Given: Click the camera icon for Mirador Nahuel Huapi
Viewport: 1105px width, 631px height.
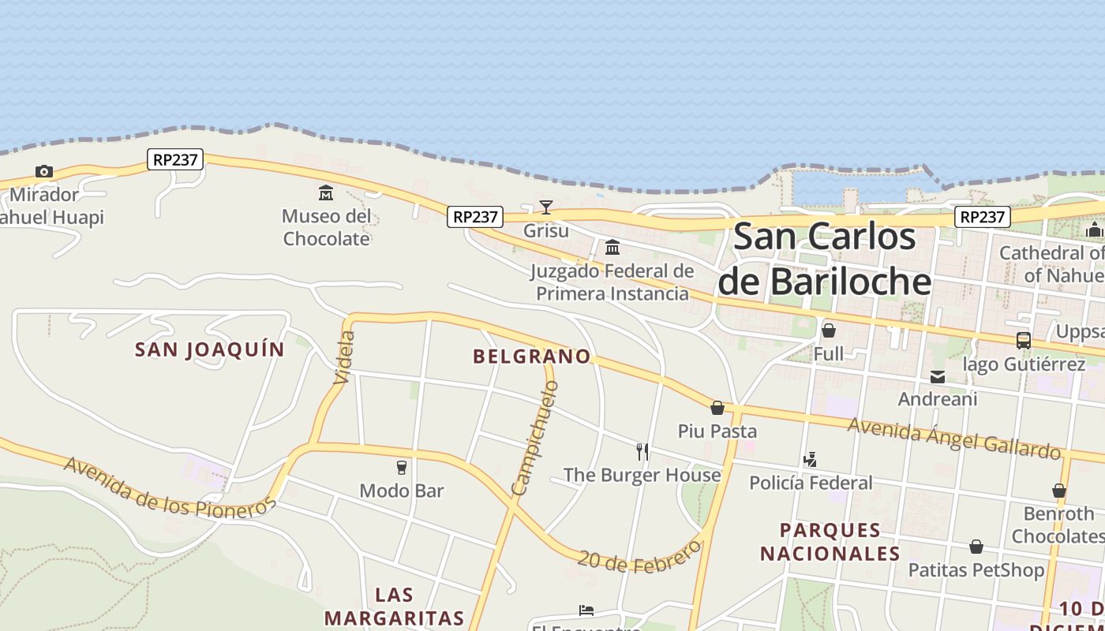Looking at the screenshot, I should click(x=44, y=172).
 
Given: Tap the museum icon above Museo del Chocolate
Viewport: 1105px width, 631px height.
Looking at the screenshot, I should click(x=326, y=192).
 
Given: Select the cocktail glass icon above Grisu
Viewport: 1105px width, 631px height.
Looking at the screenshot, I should click(x=545, y=207).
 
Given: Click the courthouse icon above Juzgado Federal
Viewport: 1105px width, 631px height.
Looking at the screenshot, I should click(x=612, y=248).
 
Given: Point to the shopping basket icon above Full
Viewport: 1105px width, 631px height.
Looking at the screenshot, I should click(x=829, y=330).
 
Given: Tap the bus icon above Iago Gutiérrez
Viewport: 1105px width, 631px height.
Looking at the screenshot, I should click(x=1024, y=341).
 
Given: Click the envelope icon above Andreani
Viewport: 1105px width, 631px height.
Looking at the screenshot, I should click(x=938, y=377).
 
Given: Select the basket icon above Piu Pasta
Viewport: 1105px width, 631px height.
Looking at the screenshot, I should click(x=717, y=408).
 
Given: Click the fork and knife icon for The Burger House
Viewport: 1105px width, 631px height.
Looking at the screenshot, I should click(x=642, y=452).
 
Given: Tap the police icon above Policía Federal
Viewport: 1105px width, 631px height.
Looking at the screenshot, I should click(x=810, y=459).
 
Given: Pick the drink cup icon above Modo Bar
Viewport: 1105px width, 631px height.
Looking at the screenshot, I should click(x=402, y=468).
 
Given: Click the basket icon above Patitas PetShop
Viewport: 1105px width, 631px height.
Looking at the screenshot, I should click(x=976, y=547).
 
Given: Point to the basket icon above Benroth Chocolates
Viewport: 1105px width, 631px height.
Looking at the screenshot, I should click(x=1059, y=491).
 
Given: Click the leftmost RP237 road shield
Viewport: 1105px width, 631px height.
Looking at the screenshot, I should click(x=175, y=159).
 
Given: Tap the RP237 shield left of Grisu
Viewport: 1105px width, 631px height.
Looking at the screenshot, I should click(x=475, y=216).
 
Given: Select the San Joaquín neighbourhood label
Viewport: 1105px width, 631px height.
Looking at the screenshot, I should click(x=209, y=349).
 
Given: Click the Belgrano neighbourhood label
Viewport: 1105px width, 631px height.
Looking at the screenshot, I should click(x=532, y=357).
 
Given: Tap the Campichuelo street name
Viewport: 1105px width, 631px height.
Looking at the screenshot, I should click(x=535, y=439).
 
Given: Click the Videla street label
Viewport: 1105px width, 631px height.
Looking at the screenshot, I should click(x=345, y=358).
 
